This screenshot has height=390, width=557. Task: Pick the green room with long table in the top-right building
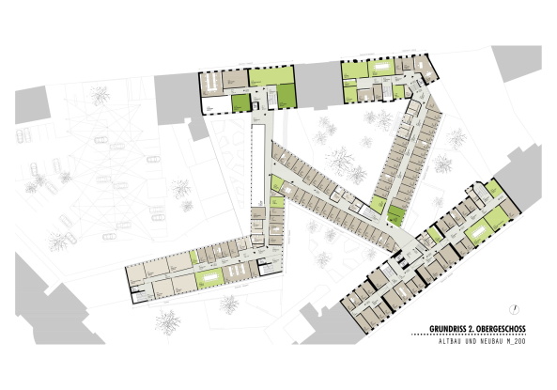381,68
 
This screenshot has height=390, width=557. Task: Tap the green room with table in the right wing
479,228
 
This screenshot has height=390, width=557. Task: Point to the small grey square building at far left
31,101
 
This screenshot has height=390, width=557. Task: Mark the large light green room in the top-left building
272,75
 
